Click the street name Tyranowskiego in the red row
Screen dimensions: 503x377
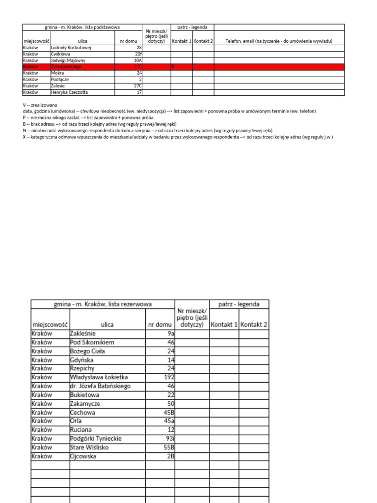tap(66, 66)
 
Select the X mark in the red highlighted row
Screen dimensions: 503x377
tap(173, 66)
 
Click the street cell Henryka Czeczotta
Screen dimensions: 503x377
tap(72, 92)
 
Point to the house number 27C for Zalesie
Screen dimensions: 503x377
tap(138, 85)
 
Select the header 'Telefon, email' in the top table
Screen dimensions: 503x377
tap(278, 41)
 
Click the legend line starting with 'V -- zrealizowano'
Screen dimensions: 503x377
tap(33, 105)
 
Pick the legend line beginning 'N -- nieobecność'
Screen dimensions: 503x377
tap(147, 131)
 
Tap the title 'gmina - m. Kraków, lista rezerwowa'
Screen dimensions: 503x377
tap(102, 305)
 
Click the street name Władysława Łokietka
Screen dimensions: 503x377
tap(99, 377)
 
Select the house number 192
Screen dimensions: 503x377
tap(168, 377)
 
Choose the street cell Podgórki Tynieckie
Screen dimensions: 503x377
tap(96, 439)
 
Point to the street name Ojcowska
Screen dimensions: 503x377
tap(83, 456)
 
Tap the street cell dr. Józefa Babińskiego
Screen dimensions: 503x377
tap(101, 386)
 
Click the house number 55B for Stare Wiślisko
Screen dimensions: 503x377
tap(168, 447)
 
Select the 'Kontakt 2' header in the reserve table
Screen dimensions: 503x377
tap(254, 325)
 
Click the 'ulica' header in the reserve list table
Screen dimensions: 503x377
tap(107, 325)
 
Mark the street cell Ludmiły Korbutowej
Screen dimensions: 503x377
tap(71, 48)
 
